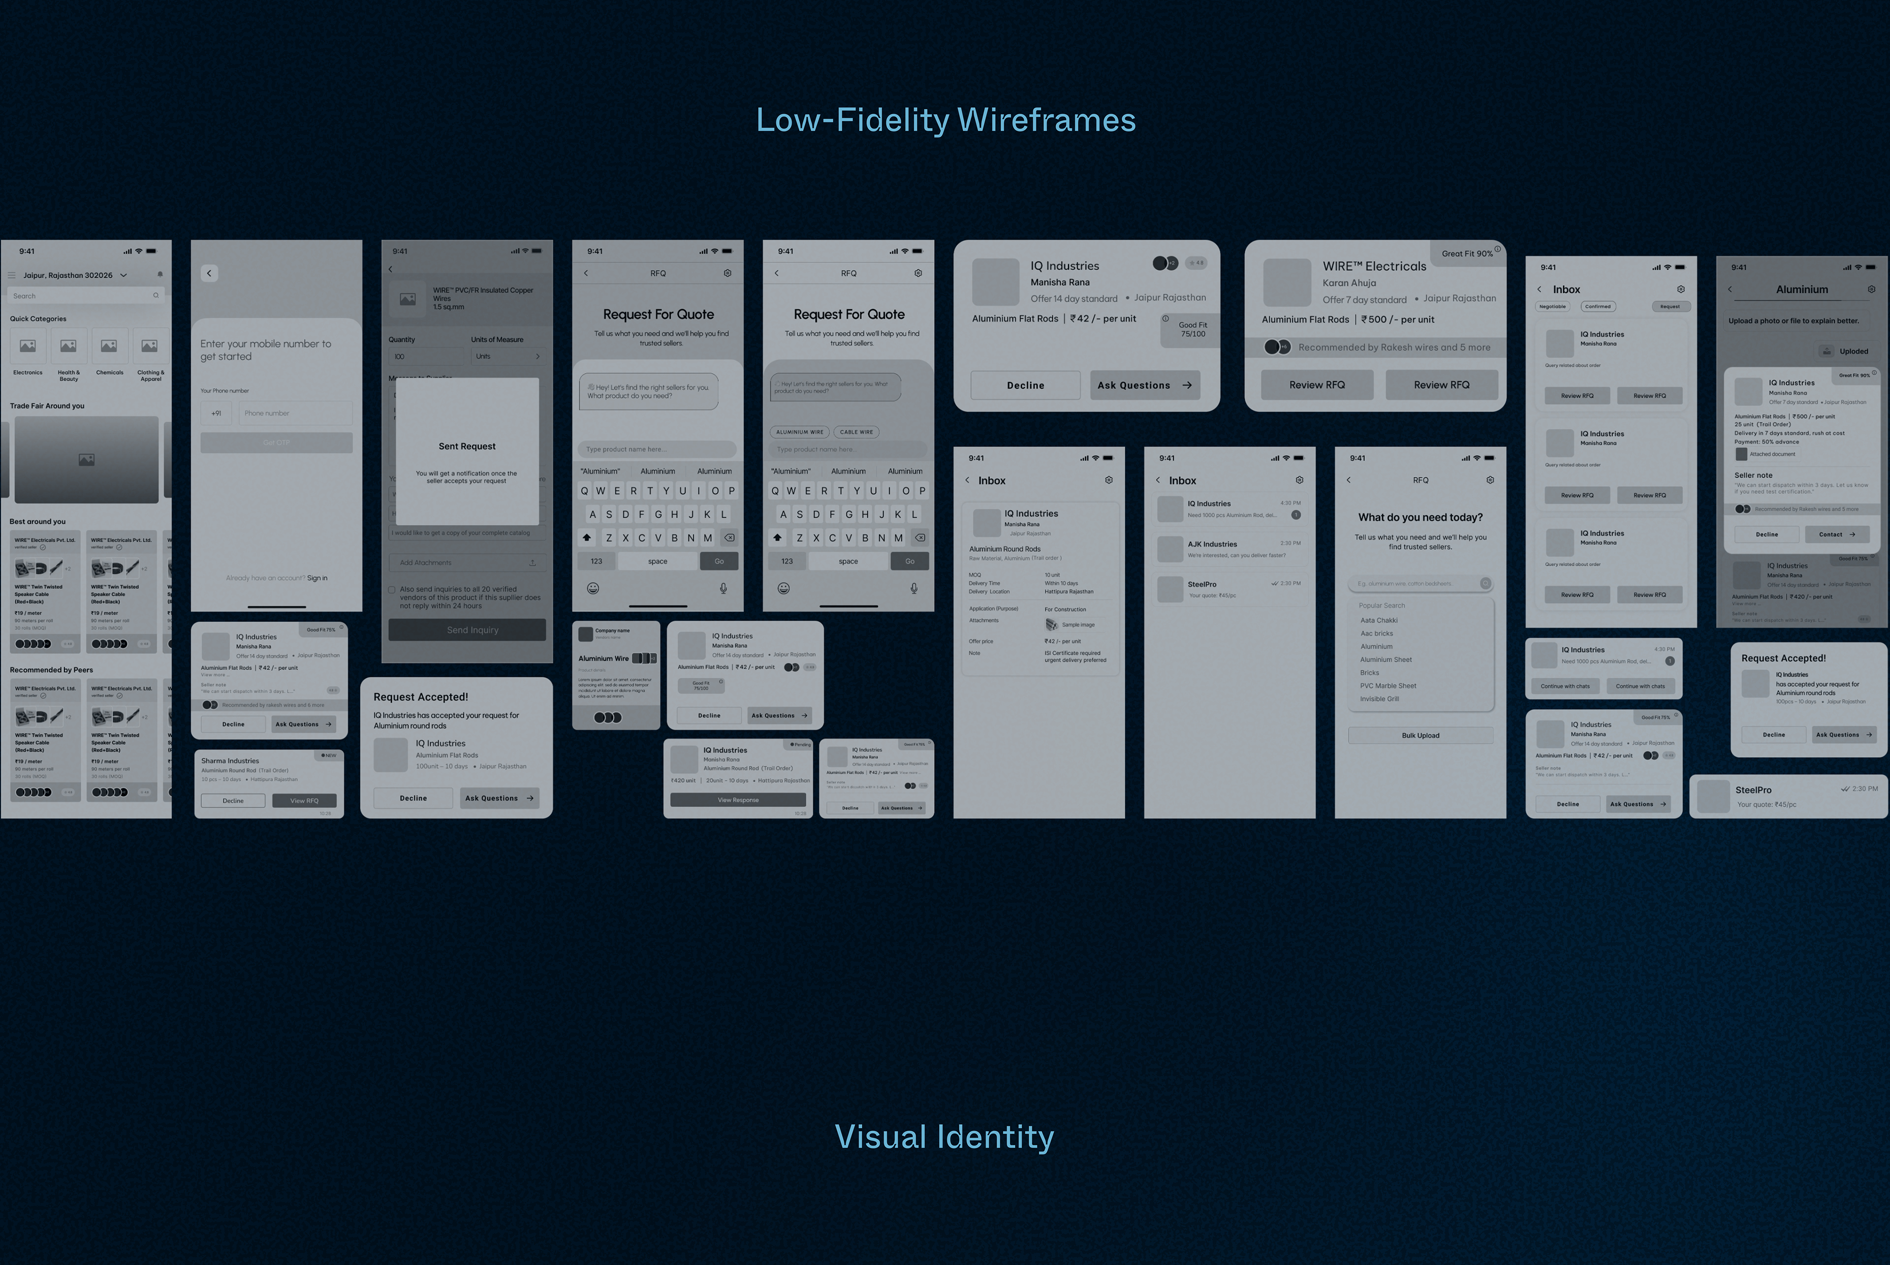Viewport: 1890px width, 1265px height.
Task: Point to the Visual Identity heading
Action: pos(944,1137)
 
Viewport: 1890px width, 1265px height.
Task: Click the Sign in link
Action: pos(317,578)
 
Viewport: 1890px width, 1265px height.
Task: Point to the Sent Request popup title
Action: pos(467,446)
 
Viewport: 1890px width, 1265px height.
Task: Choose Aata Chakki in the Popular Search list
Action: pos(1379,620)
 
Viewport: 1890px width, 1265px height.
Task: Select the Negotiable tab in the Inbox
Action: pos(1552,307)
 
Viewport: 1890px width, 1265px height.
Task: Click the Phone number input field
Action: pos(295,413)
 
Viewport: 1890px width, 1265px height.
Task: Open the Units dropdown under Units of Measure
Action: pos(507,356)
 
